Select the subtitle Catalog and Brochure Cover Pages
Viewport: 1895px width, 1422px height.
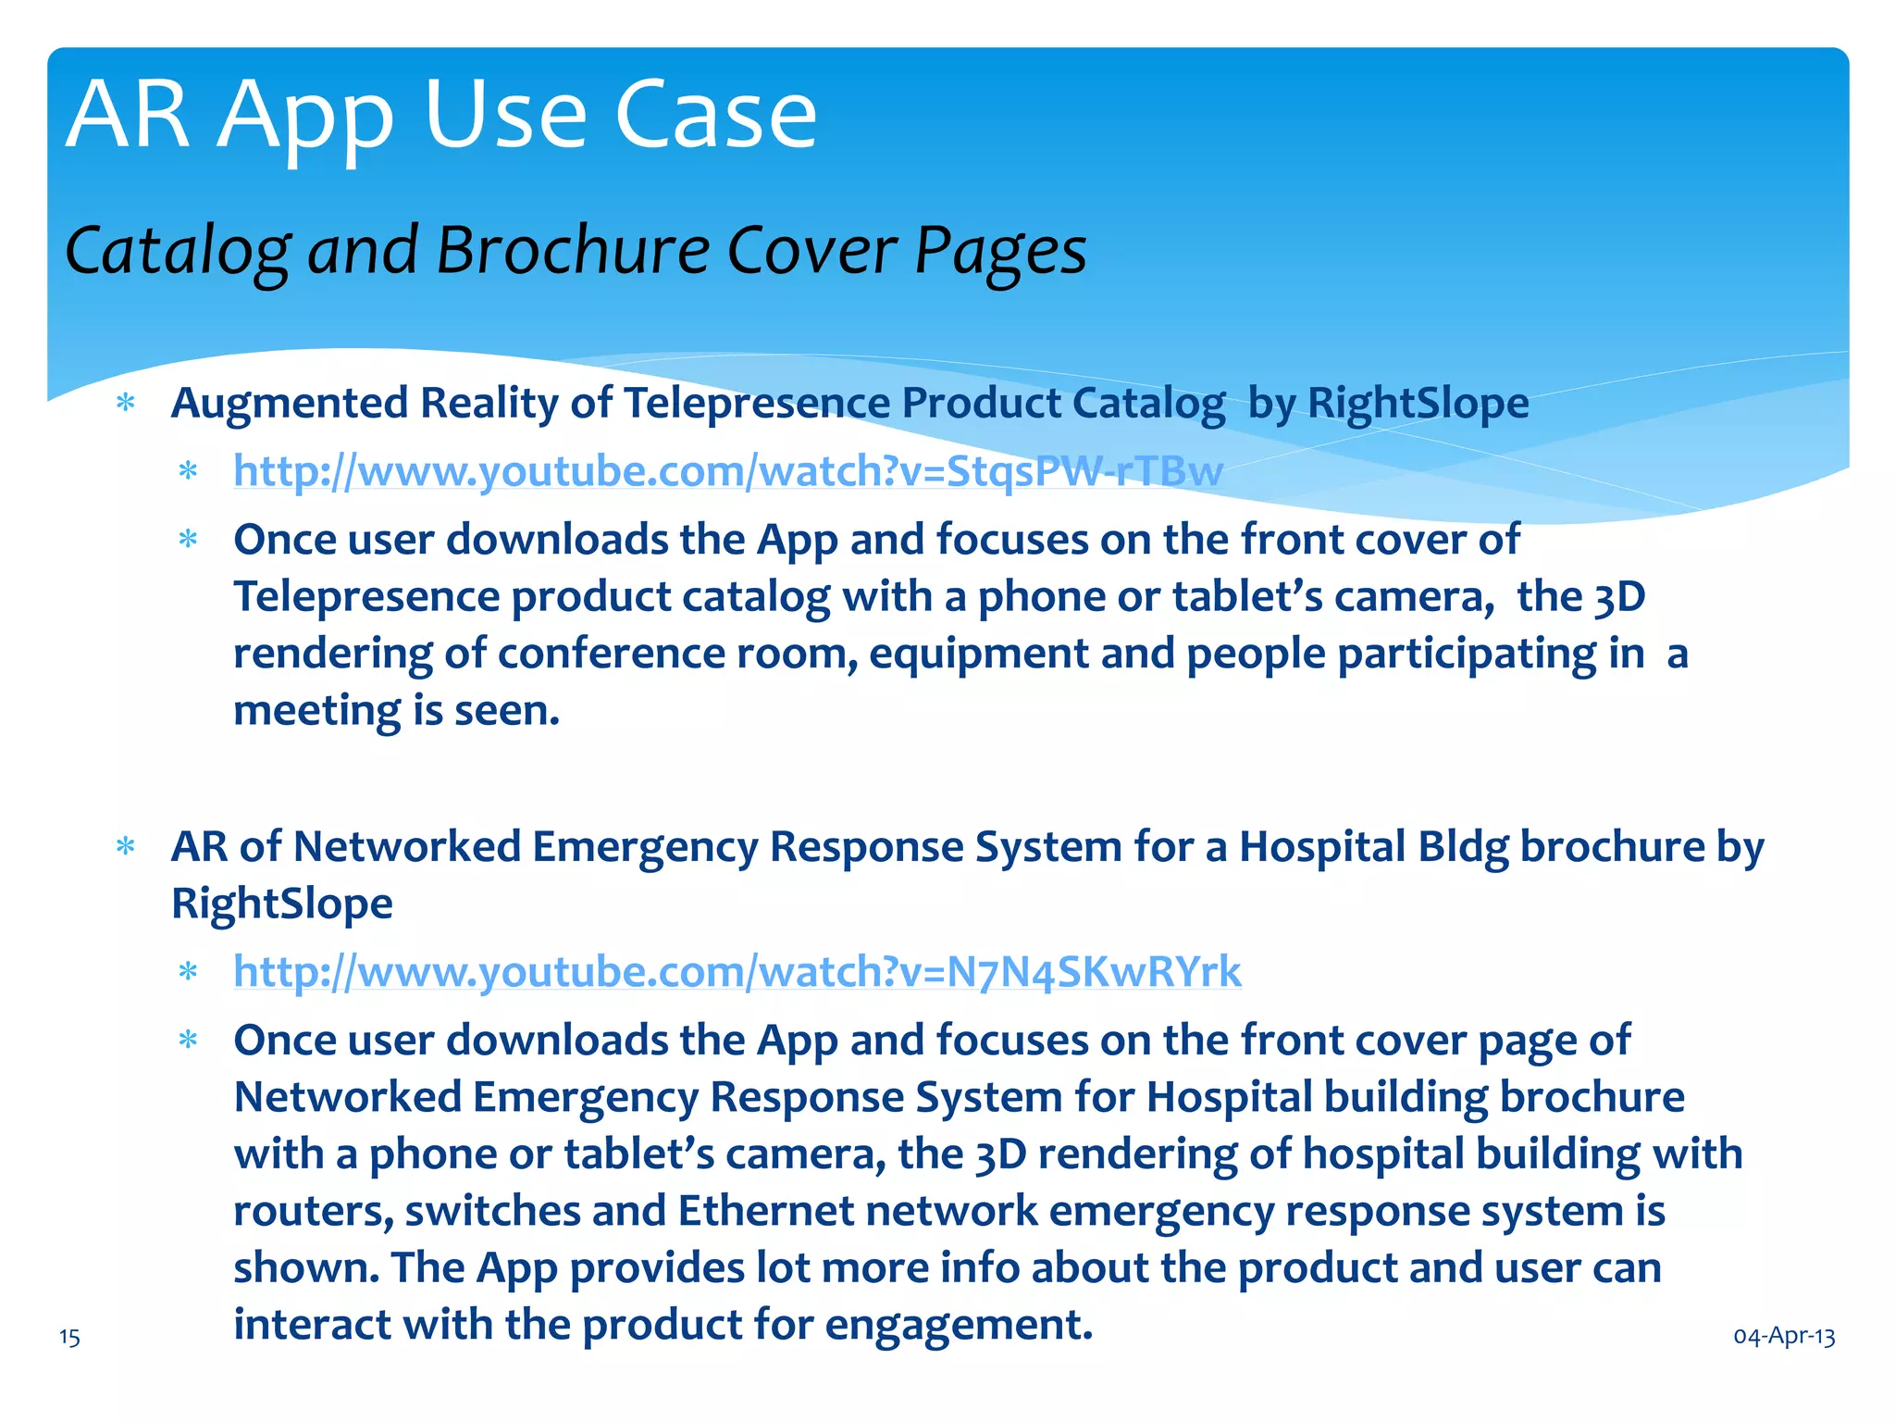coord(576,251)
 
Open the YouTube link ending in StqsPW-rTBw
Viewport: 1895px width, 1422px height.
coord(728,471)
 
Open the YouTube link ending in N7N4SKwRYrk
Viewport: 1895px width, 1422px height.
coord(737,972)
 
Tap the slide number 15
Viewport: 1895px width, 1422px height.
coord(69,1337)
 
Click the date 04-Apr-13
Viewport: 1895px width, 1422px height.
coord(1784,1336)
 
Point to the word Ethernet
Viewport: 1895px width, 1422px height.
coord(766,1211)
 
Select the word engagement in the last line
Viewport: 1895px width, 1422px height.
coord(959,1325)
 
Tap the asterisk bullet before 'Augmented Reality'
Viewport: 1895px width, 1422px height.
coord(126,404)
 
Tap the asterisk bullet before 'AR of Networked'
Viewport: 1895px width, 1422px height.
coord(126,847)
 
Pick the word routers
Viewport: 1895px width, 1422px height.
coord(313,1211)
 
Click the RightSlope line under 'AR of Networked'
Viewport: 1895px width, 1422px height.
coord(282,904)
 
